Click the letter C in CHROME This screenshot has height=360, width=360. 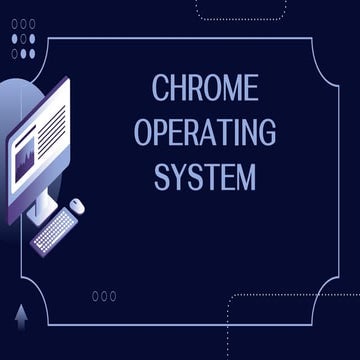[x=162, y=88]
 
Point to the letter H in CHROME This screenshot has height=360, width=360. [x=179, y=88]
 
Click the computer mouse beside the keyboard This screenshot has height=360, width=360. [x=77, y=206]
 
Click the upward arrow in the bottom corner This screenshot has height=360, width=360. [x=21, y=317]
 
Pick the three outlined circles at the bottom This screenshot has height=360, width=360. [x=104, y=296]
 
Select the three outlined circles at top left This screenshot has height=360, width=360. [x=22, y=22]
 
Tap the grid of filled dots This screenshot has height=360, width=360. [x=22, y=46]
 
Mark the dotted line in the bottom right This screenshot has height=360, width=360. [x=290, y=296]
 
